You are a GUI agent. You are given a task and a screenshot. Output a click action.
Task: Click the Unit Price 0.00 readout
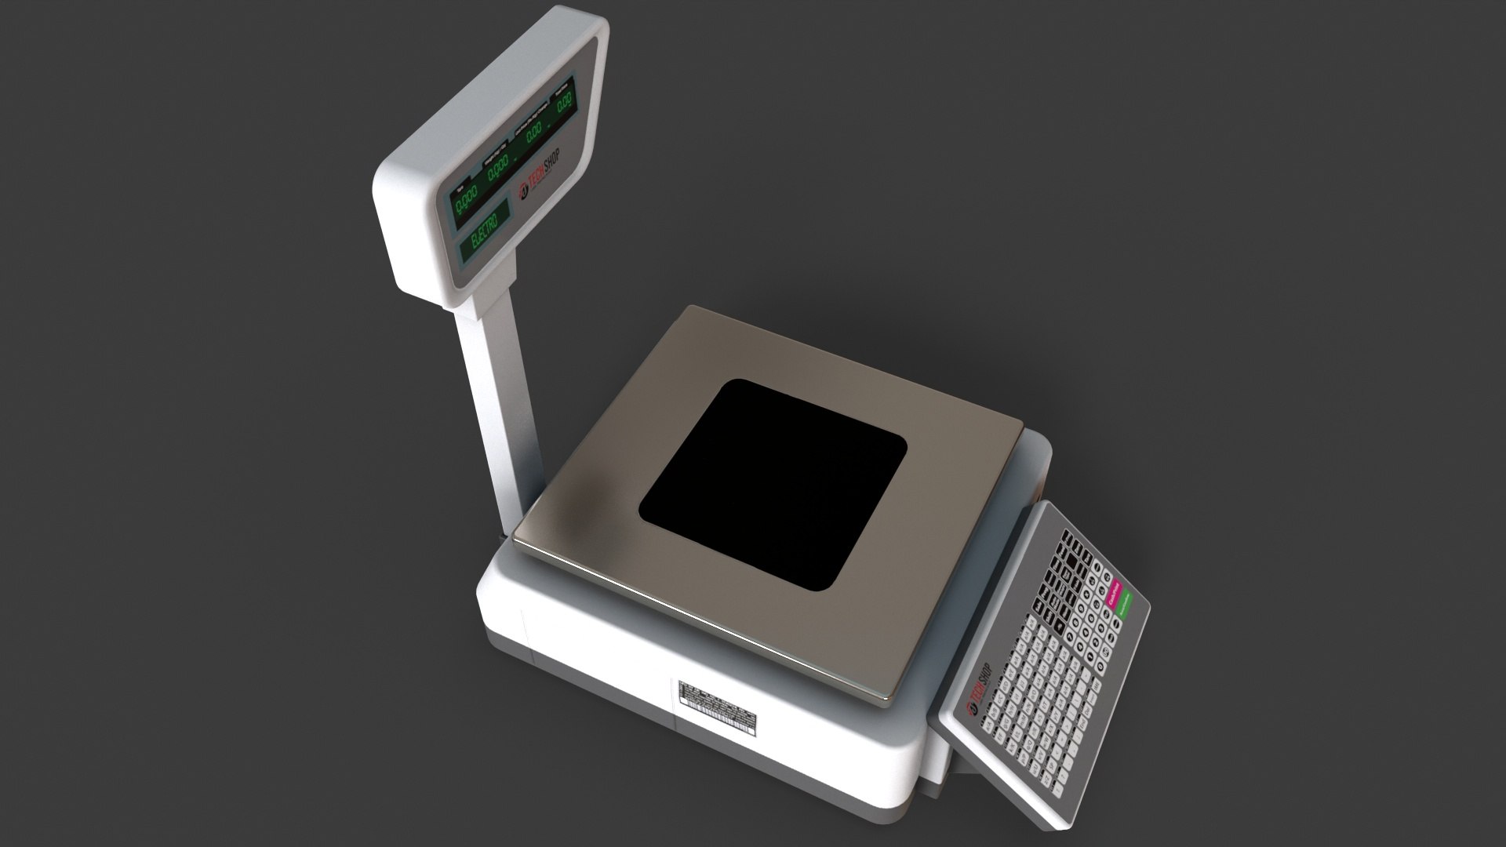[534, 133]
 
